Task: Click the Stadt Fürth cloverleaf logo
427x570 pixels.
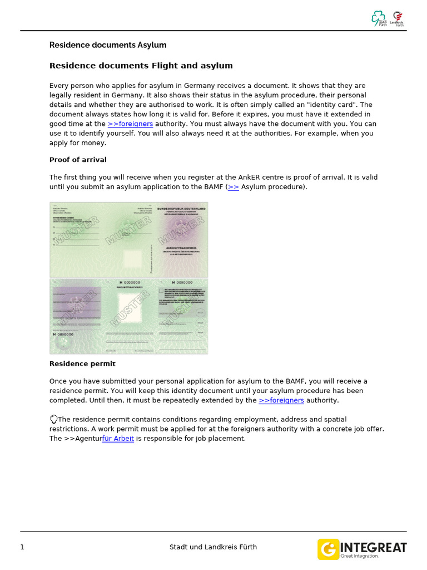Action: (x=379, y=18)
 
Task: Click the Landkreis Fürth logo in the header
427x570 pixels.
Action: (x=397, y=18)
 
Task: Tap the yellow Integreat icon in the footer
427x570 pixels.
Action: (x=328, y=549)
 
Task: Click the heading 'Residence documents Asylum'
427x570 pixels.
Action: (x=108, y=45)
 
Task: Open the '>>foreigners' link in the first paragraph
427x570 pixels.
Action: (x=130, y=124)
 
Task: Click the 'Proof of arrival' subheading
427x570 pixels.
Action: (x=78, y=160)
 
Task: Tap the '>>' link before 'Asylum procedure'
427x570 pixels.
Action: (x=234, y=187)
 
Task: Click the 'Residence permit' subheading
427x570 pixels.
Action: (x=82, y=363)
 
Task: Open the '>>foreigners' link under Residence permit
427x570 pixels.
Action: (x=281, y=400)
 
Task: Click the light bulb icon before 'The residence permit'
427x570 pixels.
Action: (x=53, y=419)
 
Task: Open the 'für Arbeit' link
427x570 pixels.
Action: (x=118, y=438)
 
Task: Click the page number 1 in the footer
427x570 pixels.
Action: (x=22, y=547)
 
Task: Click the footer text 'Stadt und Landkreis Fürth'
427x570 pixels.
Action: (x=213, y=547)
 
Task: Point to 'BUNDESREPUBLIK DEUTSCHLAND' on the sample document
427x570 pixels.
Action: (x=181, y=209)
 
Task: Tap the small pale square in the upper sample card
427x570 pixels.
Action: (x=132, y=258)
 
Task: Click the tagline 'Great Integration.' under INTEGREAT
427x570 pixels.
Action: (x=359, y=556)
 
